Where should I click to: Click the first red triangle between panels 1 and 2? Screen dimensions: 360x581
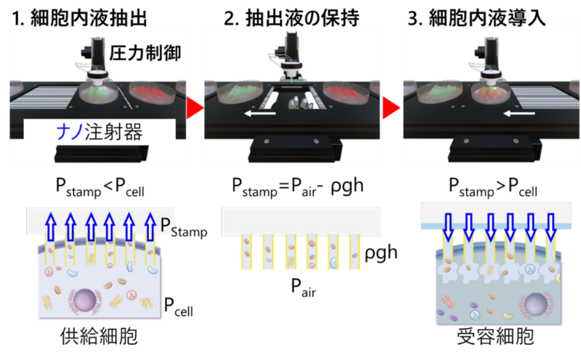(192, 109)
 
